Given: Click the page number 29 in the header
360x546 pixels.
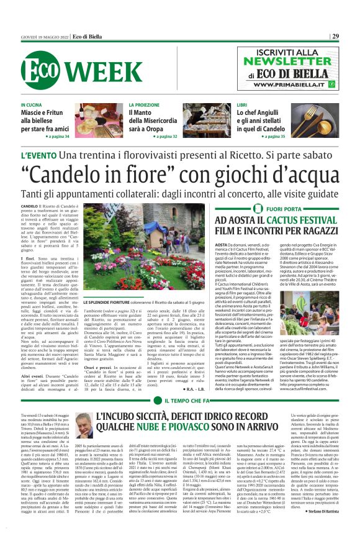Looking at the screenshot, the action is pos(352,36).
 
